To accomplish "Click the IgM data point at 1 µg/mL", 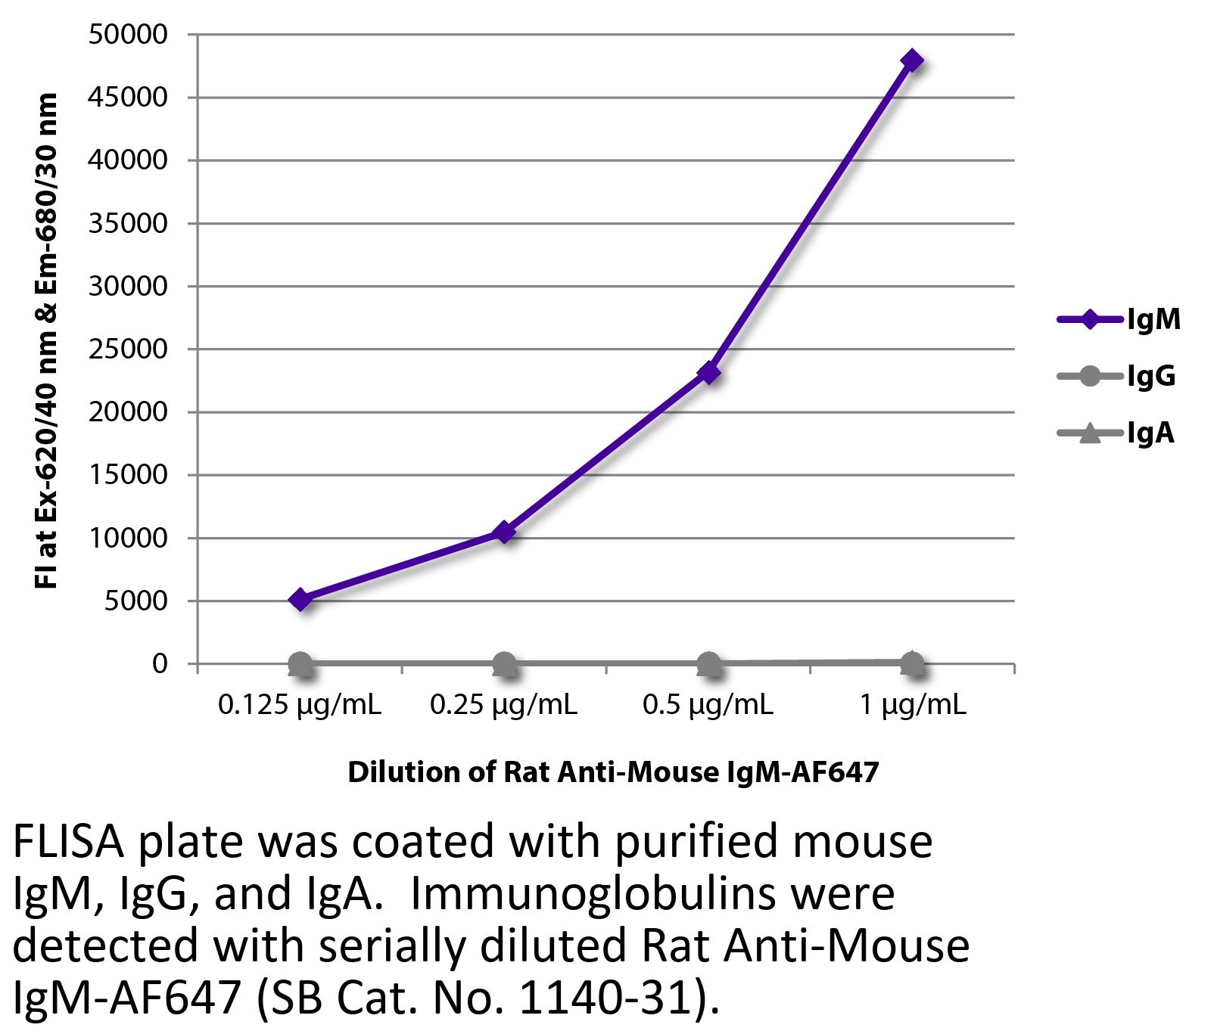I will click(912, 61).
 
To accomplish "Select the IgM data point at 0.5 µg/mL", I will click(708, 373).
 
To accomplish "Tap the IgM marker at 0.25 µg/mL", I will click(504, 533).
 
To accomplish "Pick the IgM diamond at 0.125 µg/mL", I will click(300, 600).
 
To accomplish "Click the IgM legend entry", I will click(1119, 319).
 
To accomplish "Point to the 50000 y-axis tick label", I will click(128, 35).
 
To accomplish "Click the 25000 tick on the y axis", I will click(128, 349).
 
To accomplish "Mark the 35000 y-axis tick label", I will click(128, 224).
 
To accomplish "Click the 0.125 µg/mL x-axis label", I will click(300, 706).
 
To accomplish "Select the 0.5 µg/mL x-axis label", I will click(708, 706).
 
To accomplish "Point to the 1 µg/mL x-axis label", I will click(913, 706).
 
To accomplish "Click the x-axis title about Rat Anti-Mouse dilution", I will click(613, 772).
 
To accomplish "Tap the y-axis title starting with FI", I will click(47, 340).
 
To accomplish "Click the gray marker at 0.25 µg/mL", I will click(504, 664).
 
